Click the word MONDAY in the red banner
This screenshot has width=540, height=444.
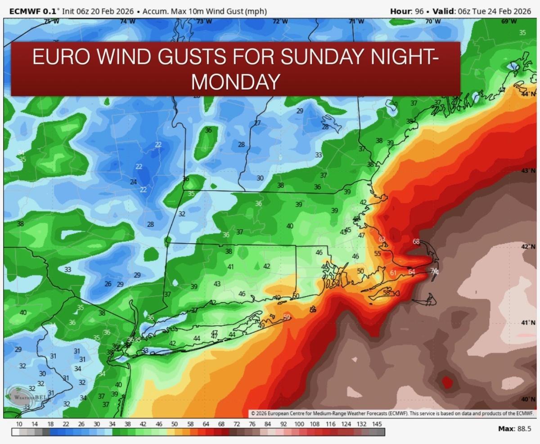[236, 81]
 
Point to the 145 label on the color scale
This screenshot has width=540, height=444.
[377, 424]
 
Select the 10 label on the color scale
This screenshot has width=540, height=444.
[19, 424]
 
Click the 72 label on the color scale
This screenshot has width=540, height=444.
[237, 424]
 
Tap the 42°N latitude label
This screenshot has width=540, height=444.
[528, 247]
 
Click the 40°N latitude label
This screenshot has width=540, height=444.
[528, 399]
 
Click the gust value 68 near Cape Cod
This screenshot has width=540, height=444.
[416, 242]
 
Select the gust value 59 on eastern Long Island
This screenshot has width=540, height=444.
[287, 317]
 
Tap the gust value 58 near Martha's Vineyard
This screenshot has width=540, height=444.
[386, 293]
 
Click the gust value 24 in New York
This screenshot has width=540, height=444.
[133, 182]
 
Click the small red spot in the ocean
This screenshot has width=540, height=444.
[446, 382]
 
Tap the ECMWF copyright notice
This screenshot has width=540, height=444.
[391, 413]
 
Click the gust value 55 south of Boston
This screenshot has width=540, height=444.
[377, 254]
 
